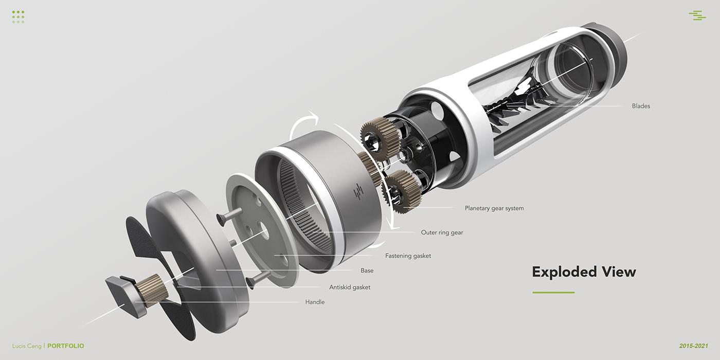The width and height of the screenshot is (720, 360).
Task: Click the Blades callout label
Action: [x=641, y=106]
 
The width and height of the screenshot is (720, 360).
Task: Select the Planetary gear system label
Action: [x=494, y=208]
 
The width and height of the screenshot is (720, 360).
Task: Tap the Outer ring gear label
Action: [x=442, y=232]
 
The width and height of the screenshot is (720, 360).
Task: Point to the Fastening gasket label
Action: [x=408, y=256]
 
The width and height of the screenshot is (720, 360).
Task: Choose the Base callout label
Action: [x=367, y=271]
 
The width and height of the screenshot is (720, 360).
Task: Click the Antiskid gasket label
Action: [x=350, y=287]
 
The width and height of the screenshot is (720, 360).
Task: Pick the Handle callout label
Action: [x=315, y=302]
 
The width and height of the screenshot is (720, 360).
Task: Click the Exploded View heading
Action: [x=584, y=272]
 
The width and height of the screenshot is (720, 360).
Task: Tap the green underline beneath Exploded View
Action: [x=553, y=293]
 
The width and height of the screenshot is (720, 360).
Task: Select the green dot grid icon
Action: [x=18, y=16]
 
